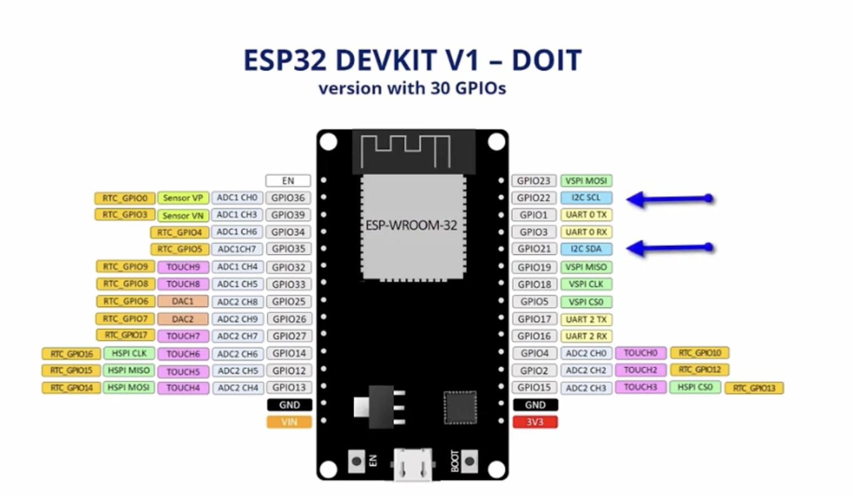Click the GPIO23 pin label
tap(534, 181)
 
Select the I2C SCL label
tap(587, 197)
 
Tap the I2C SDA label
tap(587, 249)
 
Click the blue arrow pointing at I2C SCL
tap(670, 199)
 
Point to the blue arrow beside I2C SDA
tap(670, 248)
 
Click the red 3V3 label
tap(535, 422)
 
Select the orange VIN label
tap(289, 422)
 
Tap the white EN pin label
tap(288, 181)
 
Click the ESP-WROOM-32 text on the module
tap(411, 225)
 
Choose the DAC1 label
tap(183, 301)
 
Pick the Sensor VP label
tap(183, 197)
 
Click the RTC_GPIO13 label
tap(754, 388)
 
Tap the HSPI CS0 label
tap(695, 387)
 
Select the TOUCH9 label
tap(183, 267)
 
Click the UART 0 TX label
tap(587, 215)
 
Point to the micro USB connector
tap(413, 464)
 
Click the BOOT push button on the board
tap(469, 461)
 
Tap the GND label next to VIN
tap(289, 405)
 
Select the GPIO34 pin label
tap(288, 232)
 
